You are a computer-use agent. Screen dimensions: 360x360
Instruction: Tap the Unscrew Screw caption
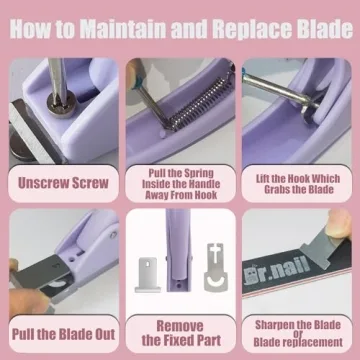click(62, 183)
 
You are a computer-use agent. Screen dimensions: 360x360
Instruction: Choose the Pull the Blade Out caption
click(62, 332)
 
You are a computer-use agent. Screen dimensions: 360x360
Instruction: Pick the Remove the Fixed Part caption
click(180, 332)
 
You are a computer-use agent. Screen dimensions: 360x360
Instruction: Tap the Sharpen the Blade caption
click(298, 332)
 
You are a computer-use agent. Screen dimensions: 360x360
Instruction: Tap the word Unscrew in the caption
click(40, 183)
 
